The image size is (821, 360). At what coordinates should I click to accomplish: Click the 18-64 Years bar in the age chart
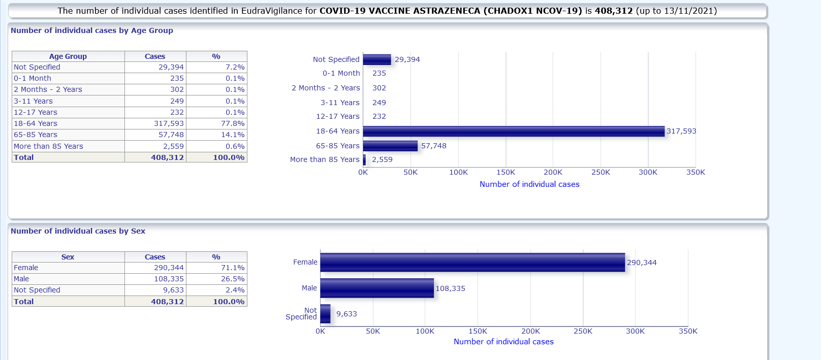pos(513,132)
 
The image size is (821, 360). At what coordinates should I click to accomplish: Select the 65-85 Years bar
pos(390,146)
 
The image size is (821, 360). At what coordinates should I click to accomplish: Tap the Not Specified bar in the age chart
pos(377,60)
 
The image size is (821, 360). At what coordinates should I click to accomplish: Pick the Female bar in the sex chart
pos(472,263)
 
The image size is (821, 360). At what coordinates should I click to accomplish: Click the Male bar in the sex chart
pos(377,288)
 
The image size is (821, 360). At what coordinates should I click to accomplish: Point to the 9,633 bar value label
pos(346,314)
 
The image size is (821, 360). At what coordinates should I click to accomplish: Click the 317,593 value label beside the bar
pos(681,132)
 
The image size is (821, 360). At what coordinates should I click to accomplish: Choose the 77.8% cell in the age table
pos(233,123)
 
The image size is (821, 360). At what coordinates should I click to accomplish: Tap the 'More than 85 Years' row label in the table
pos(48,146)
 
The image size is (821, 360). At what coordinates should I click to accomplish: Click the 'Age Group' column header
pos(68,56)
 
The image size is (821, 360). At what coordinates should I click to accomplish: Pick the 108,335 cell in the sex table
pos(169,279)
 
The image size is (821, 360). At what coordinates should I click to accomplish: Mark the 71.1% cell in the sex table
pos(233,268)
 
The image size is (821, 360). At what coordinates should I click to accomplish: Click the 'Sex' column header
pos(68,257)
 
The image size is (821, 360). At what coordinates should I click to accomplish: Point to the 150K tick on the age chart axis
pos(506,173)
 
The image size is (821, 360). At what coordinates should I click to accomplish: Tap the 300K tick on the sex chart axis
pos(635,332)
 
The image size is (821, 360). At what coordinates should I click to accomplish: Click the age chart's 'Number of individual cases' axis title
pos(529,184)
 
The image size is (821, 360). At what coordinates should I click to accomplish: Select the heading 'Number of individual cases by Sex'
pos(78,231)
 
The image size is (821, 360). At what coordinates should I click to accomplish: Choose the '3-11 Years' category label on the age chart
pos(340,103)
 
